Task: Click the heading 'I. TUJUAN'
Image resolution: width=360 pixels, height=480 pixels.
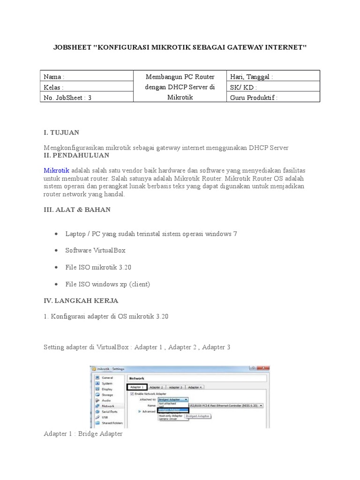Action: point(61,133)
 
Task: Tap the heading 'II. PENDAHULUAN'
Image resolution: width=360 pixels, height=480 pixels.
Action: point(76,155)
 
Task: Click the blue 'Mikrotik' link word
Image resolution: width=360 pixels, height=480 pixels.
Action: point(56,170)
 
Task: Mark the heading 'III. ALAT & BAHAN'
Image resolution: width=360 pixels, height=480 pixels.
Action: point(77,210)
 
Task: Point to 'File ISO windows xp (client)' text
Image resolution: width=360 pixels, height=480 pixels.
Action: point(108,285)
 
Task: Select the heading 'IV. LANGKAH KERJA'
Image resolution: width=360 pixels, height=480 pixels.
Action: point(81,300)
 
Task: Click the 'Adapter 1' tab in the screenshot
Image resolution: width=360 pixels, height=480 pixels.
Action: point(137,387)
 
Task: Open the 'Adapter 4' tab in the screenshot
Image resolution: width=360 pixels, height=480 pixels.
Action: point(195,387)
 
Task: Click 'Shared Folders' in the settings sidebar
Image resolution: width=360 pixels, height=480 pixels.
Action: point(112,423)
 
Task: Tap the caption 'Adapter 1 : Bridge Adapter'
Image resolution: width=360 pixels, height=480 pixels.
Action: point(83,434)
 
